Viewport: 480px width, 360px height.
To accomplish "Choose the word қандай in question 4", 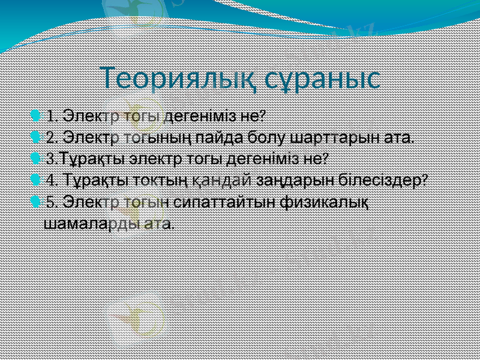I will pos(223,180).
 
